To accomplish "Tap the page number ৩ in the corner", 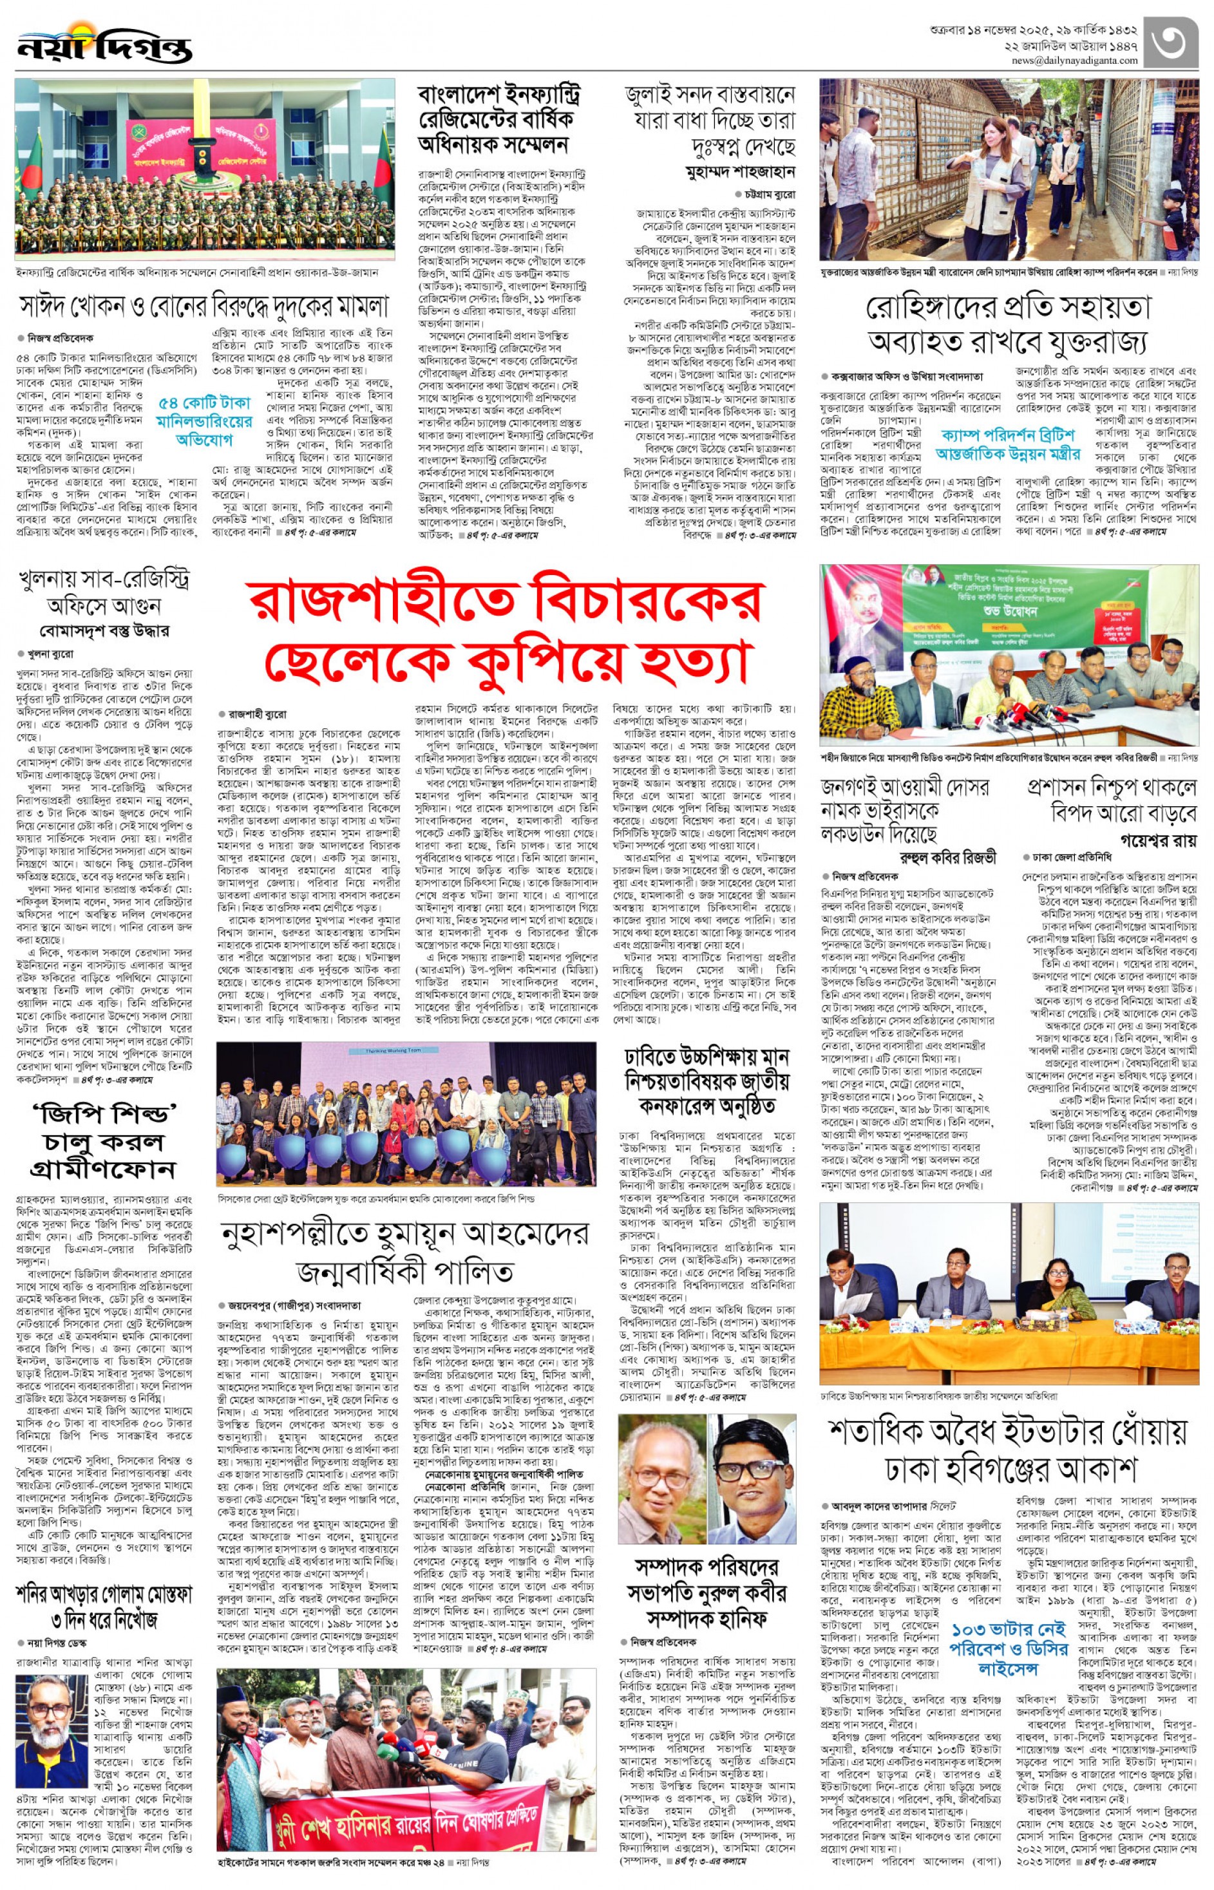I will click(x=1172, y=42).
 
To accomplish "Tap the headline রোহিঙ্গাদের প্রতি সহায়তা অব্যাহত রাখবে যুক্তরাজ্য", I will click(x=1009, y=324).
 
